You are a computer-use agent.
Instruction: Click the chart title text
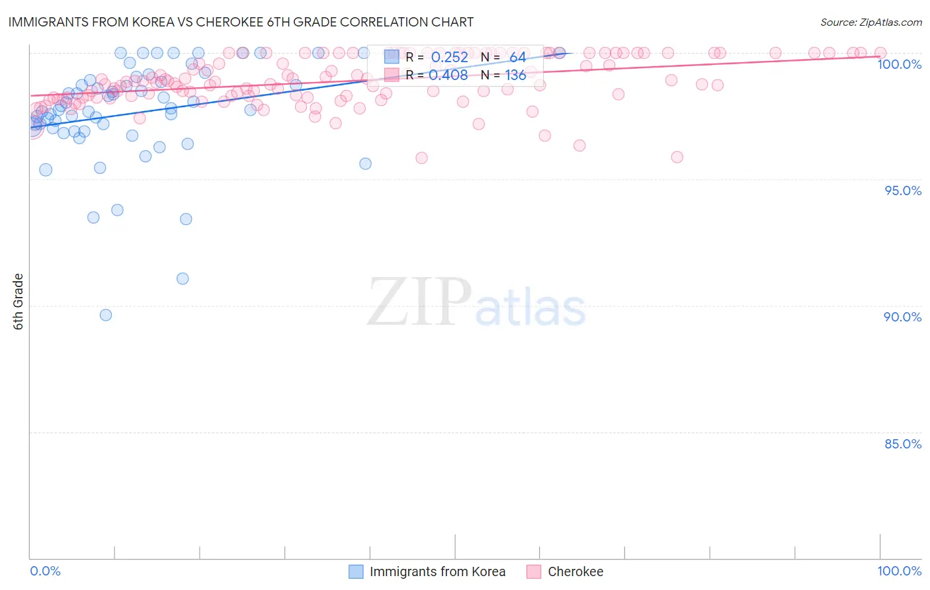tap(241, 22)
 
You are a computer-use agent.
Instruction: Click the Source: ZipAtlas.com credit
tap(870, 22)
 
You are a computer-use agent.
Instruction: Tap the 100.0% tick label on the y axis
tap(899, 64)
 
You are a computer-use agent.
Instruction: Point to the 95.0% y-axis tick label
tap(903, 190)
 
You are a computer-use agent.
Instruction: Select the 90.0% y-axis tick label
tap(902, 317)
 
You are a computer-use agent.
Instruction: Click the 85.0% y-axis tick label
tap(903, 444)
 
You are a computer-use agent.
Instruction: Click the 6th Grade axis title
tap(19, 302)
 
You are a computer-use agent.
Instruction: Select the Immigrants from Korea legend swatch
tap(356, 571)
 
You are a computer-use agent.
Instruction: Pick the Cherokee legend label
tap(575, 571)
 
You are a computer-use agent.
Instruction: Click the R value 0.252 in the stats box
tap(449, 57)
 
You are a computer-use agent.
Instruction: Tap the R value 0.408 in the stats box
tap(449, 75)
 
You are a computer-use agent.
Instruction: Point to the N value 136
tap(515, 75)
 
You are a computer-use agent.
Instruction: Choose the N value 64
tap(517, 57)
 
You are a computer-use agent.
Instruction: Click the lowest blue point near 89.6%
tap(106, 315)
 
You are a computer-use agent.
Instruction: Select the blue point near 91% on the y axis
tap(183, 278)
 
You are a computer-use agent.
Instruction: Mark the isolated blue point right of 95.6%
tap(365, 163)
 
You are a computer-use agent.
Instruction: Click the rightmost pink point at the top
tap(880, 53)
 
